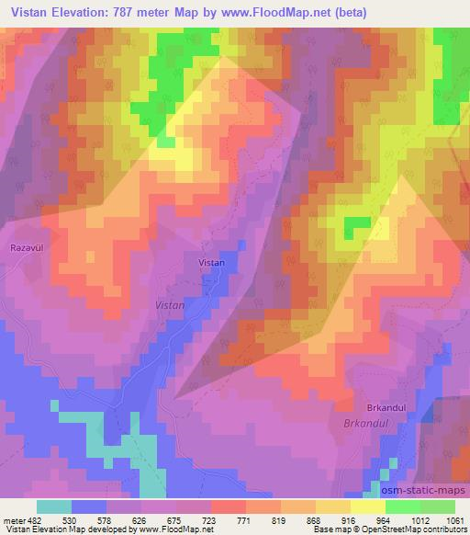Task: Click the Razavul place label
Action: (26, 248)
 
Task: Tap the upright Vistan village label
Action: (211, 263)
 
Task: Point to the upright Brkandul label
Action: (386, 407)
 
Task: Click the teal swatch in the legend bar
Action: (54, 507)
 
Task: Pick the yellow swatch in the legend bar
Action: (367, 507)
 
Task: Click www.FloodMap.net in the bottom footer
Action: (167, 530)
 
